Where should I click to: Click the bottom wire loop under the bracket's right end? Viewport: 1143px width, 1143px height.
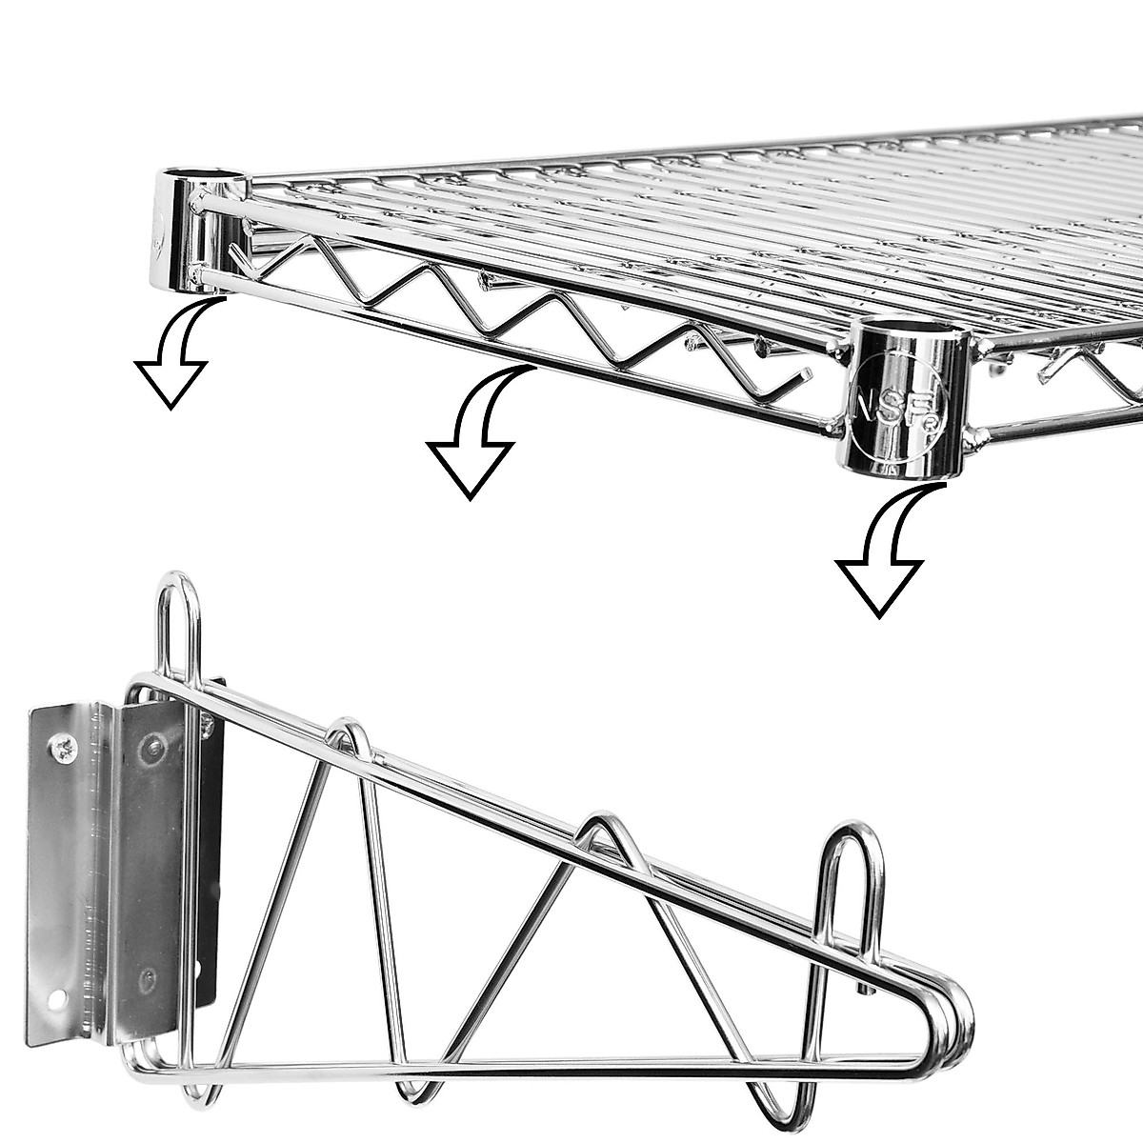pos(776,1086)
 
